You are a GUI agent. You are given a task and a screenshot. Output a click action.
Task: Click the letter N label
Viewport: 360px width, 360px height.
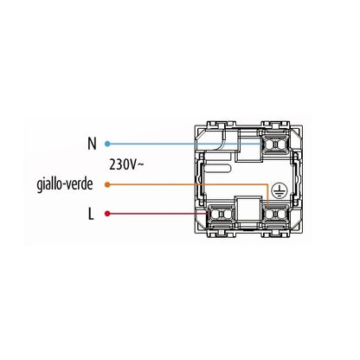point(92,144)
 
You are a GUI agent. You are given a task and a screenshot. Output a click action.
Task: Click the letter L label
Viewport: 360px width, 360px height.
point(91,214)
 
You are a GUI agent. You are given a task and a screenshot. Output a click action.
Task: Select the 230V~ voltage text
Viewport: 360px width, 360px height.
point(126,164)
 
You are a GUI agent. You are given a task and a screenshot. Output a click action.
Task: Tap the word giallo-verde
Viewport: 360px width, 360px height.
point(65,184)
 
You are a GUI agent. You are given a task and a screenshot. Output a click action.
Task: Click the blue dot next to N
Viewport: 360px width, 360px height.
point(107,144)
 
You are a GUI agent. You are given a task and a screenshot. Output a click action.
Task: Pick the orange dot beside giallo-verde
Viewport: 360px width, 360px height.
point(107,184)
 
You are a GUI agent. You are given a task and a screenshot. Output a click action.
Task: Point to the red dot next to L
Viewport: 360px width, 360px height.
point(107,214)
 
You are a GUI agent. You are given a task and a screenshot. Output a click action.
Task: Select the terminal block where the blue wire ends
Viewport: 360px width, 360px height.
point(275,144)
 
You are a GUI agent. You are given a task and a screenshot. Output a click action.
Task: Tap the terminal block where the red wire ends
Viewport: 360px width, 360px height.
point(221,215)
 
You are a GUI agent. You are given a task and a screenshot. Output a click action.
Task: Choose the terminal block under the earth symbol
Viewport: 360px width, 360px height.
point(275,215)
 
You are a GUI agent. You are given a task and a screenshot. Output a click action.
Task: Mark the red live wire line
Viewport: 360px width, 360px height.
point(157,214)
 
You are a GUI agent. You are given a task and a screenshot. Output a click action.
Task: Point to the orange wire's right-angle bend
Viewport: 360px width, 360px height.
point(267,184)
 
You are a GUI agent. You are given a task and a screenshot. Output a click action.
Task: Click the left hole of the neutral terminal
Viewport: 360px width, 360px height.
point(271,144)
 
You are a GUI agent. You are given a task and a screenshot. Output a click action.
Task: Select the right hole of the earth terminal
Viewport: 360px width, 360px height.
point(280,215)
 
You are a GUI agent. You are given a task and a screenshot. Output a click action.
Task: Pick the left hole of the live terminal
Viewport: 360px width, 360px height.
point(215,215)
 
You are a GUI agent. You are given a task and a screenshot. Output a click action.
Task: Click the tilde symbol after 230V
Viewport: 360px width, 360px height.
point(140,164)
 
